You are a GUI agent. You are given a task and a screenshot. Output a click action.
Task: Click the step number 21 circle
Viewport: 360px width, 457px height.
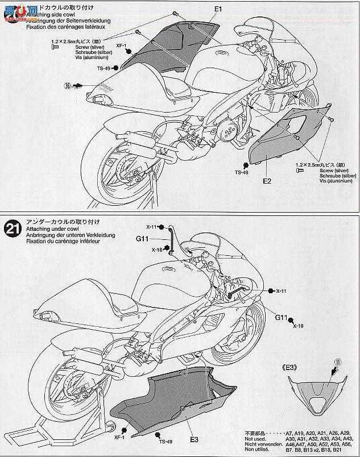click(x=12, y=229)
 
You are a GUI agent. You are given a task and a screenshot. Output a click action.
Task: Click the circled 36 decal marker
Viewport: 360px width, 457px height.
click(x=69, y=86)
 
